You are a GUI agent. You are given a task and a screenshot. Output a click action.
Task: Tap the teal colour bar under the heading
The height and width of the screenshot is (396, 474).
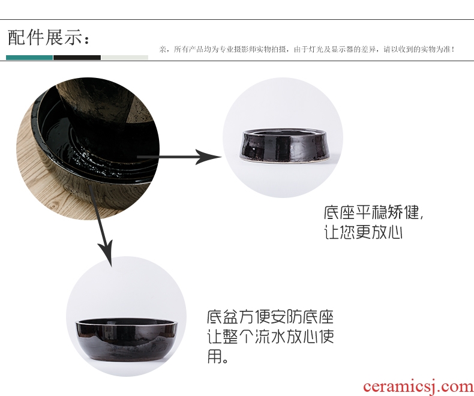pyautogui.click(x=29, y=58)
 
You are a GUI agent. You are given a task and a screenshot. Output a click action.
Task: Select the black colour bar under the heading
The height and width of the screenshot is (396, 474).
pyautogui.click(x=77, y=58)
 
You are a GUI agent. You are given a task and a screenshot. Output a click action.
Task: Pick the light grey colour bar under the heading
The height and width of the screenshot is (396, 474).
pyautogui.click(x=125, y=58)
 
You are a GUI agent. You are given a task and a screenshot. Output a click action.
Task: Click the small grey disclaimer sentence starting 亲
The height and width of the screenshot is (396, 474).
pyautogui.click(x=307, y=49)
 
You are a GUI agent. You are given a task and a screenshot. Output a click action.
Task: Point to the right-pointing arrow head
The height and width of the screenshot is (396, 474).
pyautogui.click(x=209, y=157)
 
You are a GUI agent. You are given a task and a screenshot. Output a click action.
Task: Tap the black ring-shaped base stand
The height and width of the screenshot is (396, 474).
pyautogui.click(x=284, y=145)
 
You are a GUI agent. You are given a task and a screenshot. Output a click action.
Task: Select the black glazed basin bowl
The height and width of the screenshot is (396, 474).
pyautogui.click(x=127, y=340)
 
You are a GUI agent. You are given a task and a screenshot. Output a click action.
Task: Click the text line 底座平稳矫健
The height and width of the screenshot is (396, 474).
pyautogui.click(x=374, y=212)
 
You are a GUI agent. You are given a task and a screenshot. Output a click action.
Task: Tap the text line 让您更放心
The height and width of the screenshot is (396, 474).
pyautogui.click(x=363, y=232)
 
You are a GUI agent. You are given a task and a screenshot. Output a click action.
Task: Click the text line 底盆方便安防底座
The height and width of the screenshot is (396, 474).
pyautogui.click(x=270, y=317)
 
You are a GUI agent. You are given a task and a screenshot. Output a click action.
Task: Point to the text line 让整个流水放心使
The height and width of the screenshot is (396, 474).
pyautogui.click(x=270, y=337)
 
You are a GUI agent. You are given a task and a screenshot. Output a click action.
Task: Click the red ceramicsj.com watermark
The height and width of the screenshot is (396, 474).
pyautogui.click(x=418, y=386)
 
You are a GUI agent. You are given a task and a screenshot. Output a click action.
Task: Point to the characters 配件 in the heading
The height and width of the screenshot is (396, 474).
pyautogui.click(x=26, y=37)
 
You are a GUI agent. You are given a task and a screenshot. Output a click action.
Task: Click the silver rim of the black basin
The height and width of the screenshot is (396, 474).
pyautogui.click(x=127, y=323)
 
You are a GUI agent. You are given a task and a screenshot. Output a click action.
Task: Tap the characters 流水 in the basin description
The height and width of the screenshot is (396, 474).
pyautogui.click(x=270, y=337)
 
